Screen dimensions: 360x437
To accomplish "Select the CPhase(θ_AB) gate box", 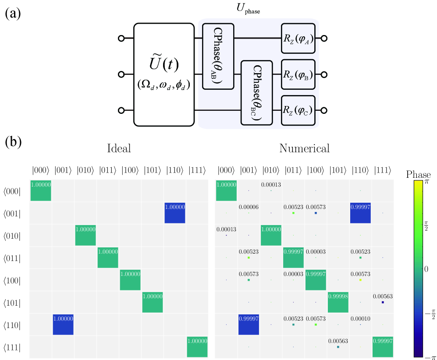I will point(218,56).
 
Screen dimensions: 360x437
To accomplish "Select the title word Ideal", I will point(119,149).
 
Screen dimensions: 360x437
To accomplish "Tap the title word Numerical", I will point(305,149).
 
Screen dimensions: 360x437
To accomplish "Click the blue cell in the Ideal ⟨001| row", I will point(175,213).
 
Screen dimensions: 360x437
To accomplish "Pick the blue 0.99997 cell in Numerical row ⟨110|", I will point(249,324).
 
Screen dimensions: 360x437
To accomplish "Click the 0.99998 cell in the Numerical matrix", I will point(338,302).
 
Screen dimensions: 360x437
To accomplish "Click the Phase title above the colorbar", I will point(419,174).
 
